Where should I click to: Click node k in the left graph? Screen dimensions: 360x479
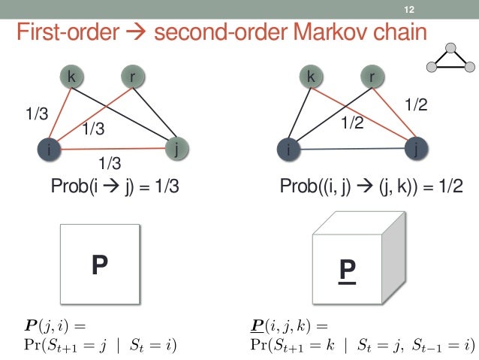tap(71, 76)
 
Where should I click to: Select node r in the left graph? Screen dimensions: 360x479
tap(133, 76)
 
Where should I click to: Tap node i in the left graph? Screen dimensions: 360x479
tap(50, 150)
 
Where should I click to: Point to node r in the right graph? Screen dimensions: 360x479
tap(372, 76)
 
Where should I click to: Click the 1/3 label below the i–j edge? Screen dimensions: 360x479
tap(110, 162)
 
